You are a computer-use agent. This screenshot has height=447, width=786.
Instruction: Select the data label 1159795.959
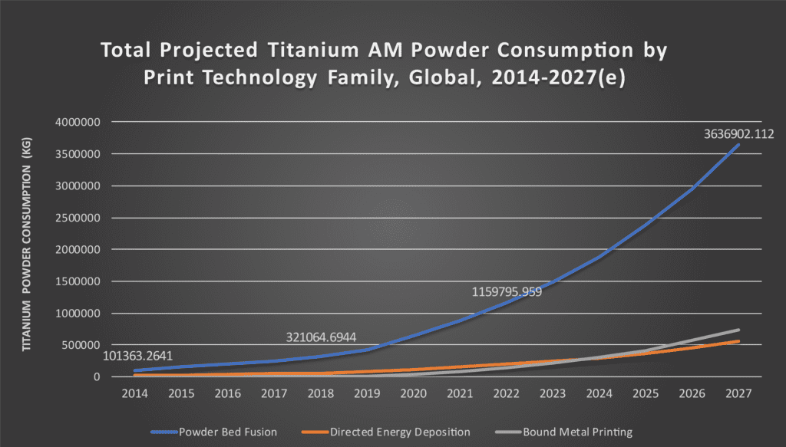pyautogui.click(x=507, y=292)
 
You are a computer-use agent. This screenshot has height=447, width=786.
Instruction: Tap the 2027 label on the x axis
pyautogui.click(x=738, y=393)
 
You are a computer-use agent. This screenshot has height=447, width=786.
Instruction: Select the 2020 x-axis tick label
pyautogui.click(x=414, y=393)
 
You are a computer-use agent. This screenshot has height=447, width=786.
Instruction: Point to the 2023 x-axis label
pyautogui.click(x=553, y=393)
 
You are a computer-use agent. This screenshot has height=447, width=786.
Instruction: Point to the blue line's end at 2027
pyautogui.click(x=738, y=145)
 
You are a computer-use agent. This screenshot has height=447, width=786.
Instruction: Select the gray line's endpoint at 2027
pyautogui.click(x=738, y=330)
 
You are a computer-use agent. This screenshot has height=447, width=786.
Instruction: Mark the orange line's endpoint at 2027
pyautogui.click(x=738, y=341)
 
